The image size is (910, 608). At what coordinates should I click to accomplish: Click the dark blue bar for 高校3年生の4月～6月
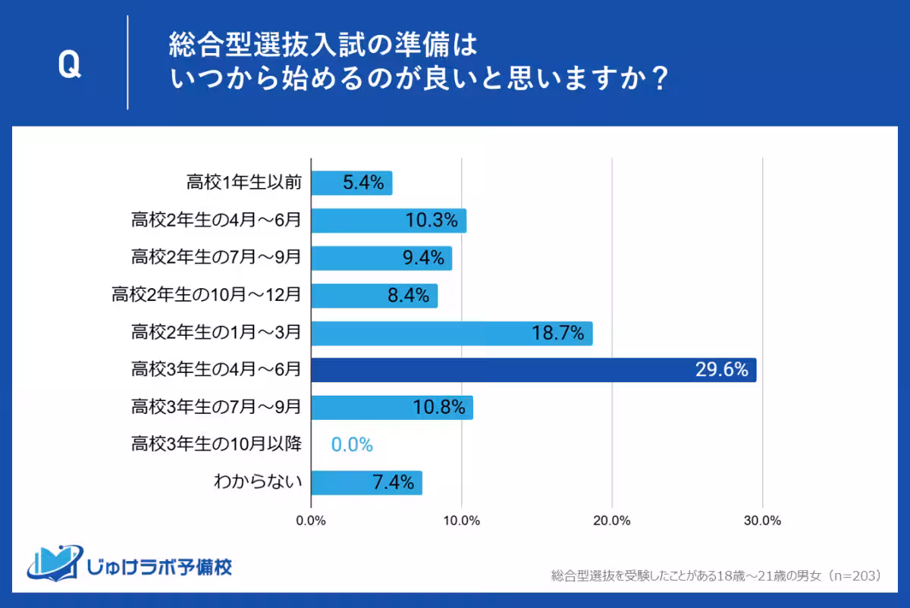point(533,370)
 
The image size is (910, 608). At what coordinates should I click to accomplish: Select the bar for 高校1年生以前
point(351,183)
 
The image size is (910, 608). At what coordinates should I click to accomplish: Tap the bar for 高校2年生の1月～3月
point(451,333)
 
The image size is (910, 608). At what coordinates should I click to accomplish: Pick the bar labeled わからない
point(366,482)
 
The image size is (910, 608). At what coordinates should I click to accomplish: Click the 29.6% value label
point(721,370)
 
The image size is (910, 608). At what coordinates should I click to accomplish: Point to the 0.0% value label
point(352,445)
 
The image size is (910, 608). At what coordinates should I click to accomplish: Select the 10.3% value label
point(431,221)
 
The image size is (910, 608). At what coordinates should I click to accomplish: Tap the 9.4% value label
point(422,258)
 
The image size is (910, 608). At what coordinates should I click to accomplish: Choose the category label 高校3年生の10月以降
point(216,444)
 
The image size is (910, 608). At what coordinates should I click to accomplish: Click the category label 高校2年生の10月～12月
point(206,295)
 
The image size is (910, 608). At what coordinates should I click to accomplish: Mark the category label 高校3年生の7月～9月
point(216,407)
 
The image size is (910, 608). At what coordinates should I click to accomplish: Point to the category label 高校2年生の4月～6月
point(216,221)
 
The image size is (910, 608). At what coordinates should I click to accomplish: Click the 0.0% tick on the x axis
point(311,521)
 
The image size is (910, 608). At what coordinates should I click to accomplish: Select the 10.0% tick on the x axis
point(461,521)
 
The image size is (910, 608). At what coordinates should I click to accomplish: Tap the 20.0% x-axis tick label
point(611,521)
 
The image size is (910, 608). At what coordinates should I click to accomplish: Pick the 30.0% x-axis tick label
point(761,521)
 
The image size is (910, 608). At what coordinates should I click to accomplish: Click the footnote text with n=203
point(716,576)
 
